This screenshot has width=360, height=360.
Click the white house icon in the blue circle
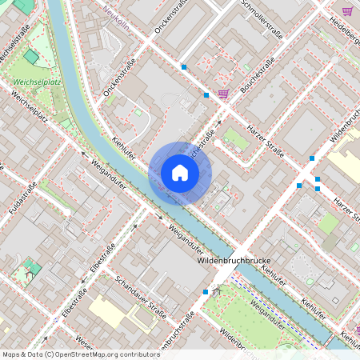click(180, 173)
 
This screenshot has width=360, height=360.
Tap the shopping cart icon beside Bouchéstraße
click(223, 94)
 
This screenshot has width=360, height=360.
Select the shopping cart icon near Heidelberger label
click(347, 11)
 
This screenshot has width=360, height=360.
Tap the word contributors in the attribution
click(137, 354)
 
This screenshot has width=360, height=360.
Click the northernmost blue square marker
click(184, 67)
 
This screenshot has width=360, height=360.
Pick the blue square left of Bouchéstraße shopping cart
click(206, 95)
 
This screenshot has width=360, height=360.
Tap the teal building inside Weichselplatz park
click(31, 57)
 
